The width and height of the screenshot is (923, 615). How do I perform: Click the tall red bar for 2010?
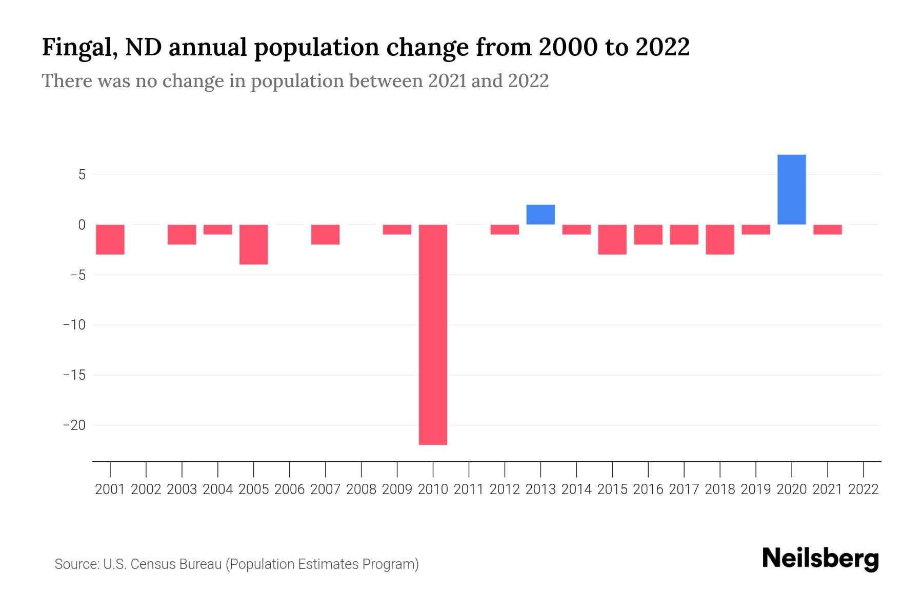coord(433,334)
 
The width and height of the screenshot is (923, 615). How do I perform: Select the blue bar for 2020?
coord(791,190)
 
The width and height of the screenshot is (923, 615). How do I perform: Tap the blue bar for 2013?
coord(540,215)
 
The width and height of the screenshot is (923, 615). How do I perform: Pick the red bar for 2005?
coord(253,244)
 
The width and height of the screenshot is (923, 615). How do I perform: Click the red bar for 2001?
coord(110,239)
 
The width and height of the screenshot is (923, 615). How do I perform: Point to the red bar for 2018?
coord(719,239)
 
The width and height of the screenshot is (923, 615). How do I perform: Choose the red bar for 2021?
coord(827,230)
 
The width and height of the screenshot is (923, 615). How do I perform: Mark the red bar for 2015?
coord(612,239)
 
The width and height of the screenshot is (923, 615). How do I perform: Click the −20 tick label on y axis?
coord(74,425)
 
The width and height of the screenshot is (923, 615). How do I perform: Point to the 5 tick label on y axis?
coord(82,175)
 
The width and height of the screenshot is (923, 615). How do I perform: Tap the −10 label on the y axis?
coord(74,325)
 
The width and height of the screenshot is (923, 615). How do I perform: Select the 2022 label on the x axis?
coord(864,489)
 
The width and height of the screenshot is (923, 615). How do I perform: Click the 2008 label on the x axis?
coord(362,489)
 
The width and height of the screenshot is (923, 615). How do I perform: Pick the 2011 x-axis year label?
coord(469,489)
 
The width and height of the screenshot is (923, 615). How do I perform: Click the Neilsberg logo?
coord(820,559)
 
